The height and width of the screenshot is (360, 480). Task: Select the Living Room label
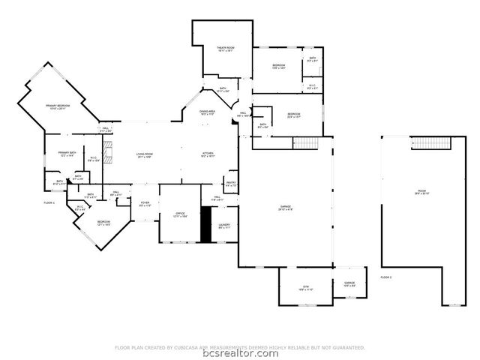pos(145,154)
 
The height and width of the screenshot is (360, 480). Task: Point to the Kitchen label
pos(208,154)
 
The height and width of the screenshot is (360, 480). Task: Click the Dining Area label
pos(207,112)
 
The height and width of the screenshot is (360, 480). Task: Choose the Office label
pos(180,214)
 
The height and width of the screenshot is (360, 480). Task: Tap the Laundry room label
pos(224,226)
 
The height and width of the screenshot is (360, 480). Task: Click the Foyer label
pos(145,203)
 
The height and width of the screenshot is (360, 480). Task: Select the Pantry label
pos(231,184)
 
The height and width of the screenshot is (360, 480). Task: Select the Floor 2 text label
pos(386,277)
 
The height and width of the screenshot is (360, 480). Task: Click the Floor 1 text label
pos(49,203)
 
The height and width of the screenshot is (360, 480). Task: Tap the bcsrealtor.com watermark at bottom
pos(240,354)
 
